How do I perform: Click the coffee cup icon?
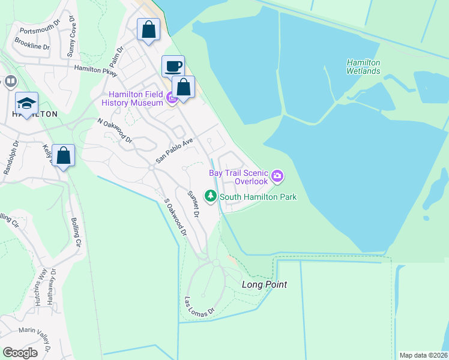pos(173,66)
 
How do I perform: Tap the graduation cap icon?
pos(26,103)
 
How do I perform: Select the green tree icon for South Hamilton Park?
pos(211,196)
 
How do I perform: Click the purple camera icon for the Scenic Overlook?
pos(277,176)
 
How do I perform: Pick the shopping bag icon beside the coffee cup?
pos(184,87)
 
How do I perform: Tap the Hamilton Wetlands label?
pos(363,67)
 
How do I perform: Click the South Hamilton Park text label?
pos(258,197)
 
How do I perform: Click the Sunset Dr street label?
pos(193,204)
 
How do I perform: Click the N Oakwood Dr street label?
pos(115,130)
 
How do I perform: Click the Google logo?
pos(20,353)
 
